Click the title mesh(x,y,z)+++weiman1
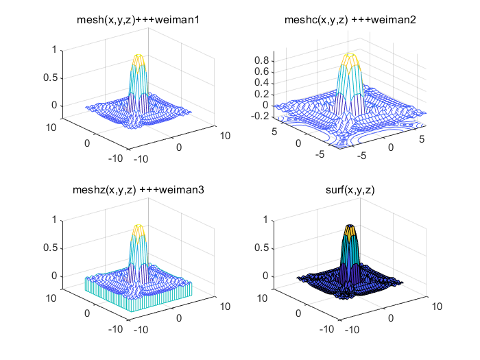[x=137, y=21]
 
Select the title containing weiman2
[x=350, y=21]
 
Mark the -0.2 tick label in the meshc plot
[x=258, y=116]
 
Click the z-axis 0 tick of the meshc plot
[x=264, y=105]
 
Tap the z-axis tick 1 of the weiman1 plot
[x=53, y=49]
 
